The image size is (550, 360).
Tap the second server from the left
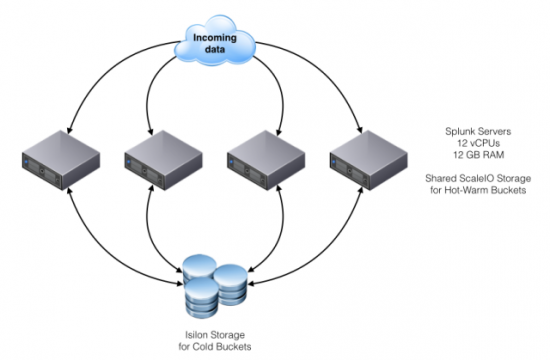(x=161, y=162)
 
